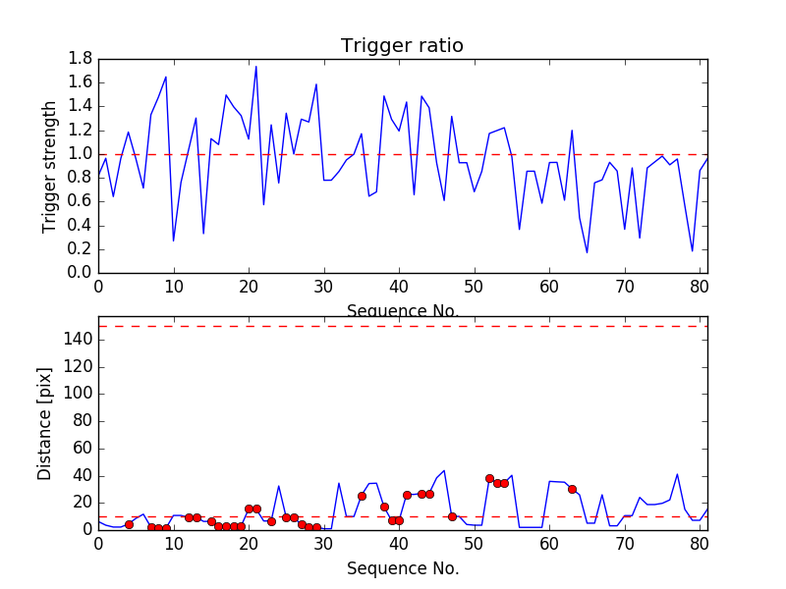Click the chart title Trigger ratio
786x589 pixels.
(x=402, y=46)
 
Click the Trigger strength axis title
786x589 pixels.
(x=50, y=166)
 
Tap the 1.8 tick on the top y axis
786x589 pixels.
(x=81, y=59)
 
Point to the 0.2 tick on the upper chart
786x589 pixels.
(x=81, y=249)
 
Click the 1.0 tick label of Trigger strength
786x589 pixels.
(x=81, y=154)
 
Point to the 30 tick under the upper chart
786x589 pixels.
(x=323, y=287)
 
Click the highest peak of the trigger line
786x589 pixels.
(x=256, y=66)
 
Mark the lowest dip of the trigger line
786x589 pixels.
(x=587, y=253)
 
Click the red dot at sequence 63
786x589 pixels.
(x=572, y=489)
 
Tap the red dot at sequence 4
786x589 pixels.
(x=129, y=524)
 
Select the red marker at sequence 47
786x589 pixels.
(x=452, y=516)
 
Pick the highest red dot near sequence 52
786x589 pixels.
(x=489, y=478)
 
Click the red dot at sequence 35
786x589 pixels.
(x=362, y=496)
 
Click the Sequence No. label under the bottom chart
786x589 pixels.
(x=402, y=567)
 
